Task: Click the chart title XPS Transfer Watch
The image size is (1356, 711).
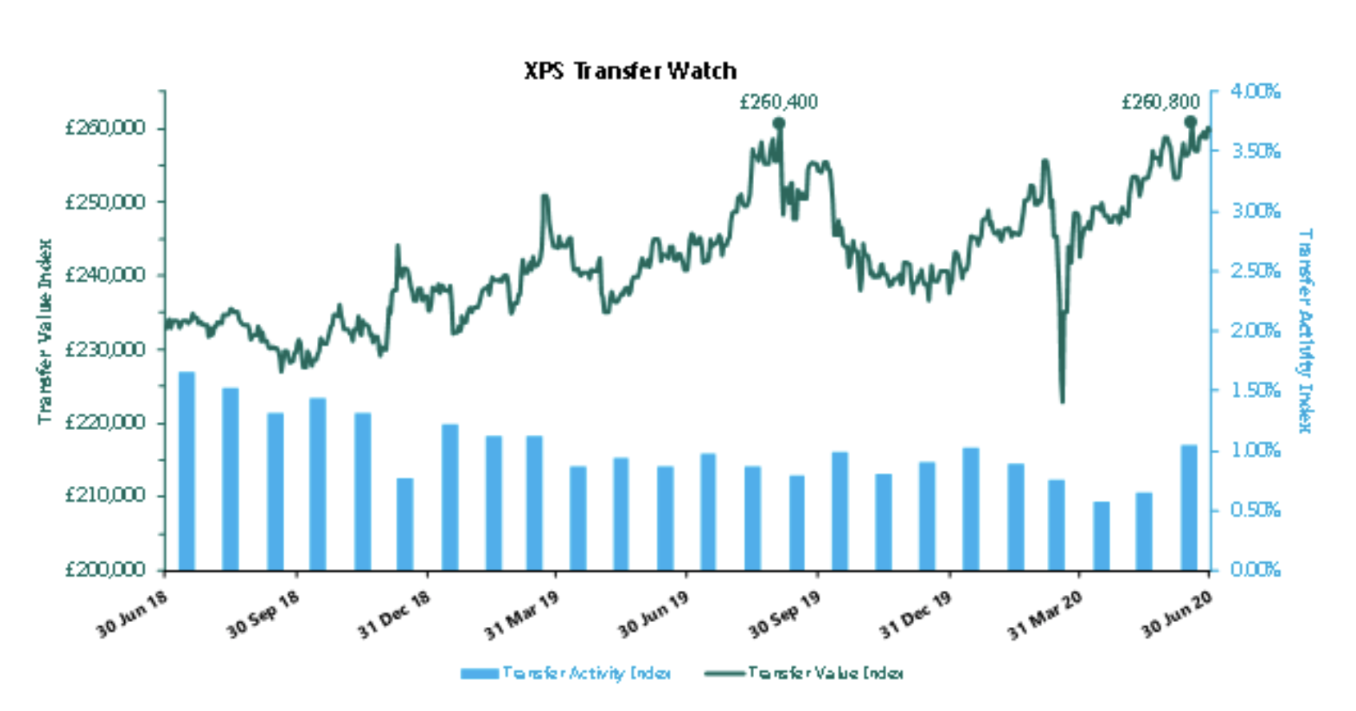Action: click(x=630, y=70)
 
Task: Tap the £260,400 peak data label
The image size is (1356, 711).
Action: click(x=778, y=102)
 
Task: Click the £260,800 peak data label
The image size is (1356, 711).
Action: click(x=1160, y=102)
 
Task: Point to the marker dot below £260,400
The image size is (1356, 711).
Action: click(x=779, y=123)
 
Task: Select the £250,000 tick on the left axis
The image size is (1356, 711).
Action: click(x=105, y=202)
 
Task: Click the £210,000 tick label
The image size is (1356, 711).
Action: click(x=105, y=496)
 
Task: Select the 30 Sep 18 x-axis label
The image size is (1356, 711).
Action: click(x=263, y=615)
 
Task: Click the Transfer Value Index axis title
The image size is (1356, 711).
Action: click(x=45, y=331)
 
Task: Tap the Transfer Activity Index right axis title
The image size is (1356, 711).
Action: click(x=1306, y=331)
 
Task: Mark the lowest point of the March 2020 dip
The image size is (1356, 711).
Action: click(x=1062, y=400)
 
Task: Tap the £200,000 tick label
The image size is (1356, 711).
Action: click(x=105, y=570)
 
